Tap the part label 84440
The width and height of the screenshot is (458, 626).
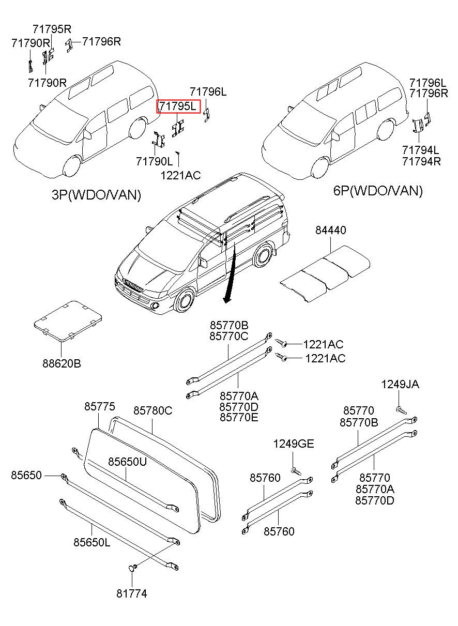331,230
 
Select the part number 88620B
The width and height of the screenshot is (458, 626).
62,363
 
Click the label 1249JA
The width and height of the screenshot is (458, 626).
400,384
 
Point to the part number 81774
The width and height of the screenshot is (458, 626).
131,594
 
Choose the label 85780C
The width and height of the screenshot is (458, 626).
152,410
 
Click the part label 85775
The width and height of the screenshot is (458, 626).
100,407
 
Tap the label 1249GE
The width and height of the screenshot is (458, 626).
293,444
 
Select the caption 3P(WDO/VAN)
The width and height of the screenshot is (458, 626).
96,195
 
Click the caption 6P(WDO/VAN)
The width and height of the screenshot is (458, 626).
378,191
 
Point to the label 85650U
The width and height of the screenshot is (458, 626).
127,462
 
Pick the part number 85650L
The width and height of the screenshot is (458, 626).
91,542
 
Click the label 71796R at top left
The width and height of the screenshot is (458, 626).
101,41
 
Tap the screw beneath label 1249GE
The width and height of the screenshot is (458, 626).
295,470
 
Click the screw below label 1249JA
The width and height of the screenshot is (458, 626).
402,410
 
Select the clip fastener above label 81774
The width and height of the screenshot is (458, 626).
132,568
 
